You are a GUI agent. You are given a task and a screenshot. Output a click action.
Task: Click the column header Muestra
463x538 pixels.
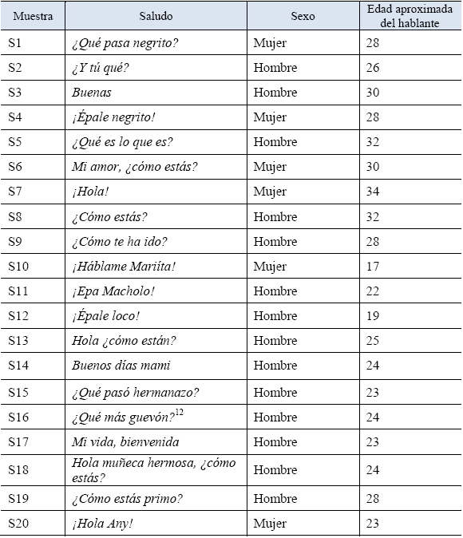coord(33,16)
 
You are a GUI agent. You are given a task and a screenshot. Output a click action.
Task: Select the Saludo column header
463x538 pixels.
coord(156,16)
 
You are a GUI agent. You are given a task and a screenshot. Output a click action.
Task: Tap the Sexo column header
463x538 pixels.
coord(303,16)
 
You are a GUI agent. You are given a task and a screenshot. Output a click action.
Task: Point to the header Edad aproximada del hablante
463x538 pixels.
coord(410,16)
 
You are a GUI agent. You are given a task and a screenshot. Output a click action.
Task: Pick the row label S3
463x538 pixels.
coord(15,92)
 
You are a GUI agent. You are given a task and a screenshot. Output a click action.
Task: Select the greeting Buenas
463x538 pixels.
coord(92,92)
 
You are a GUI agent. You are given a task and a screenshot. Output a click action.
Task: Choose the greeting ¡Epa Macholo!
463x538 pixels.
coord(113,291)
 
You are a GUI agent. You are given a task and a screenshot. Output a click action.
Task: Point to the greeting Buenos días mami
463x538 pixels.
coord(121,366)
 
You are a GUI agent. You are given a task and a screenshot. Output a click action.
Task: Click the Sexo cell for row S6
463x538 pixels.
coord(270,168)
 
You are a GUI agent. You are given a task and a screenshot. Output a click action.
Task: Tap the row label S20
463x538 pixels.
coord(18,524)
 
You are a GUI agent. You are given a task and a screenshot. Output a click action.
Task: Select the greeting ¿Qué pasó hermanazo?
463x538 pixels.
coord(135,393)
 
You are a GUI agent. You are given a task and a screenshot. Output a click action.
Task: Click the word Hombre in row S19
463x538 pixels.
coord(275,499)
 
